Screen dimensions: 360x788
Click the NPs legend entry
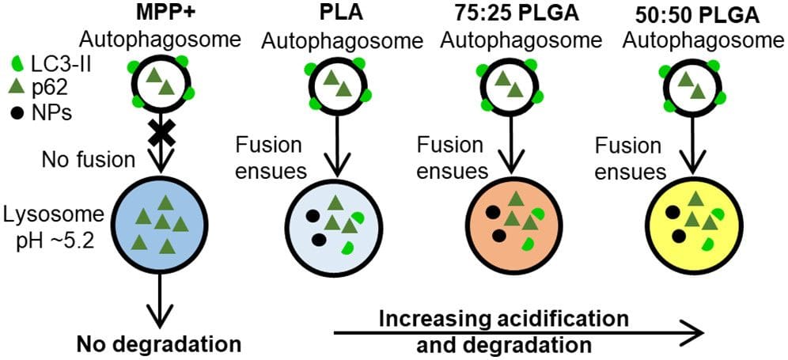(x=44, y=112)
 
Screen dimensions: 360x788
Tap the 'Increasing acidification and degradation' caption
(x=504, y=332)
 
